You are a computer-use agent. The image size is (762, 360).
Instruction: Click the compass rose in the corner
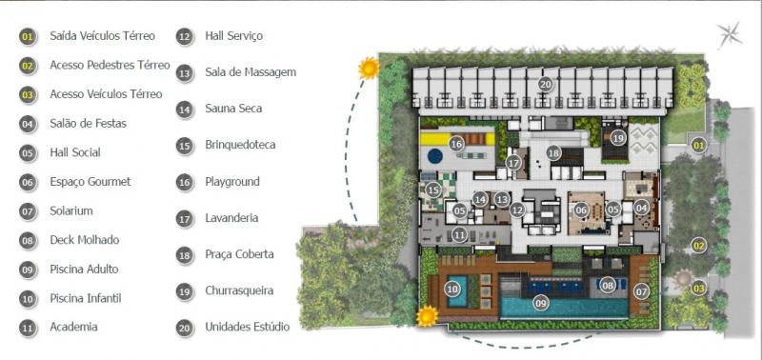730,35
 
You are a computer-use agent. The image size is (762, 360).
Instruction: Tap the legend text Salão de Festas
88,124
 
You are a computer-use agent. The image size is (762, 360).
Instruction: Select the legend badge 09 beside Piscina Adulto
29,270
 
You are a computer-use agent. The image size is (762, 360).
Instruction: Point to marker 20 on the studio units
545,85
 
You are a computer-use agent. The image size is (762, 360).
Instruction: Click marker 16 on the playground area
456,144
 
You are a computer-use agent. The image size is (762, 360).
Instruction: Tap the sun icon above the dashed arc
369,68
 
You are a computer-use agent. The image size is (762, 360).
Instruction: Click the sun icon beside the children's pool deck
428,316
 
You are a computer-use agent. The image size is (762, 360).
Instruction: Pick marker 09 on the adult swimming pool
540,303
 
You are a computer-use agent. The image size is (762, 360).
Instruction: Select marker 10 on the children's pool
451,290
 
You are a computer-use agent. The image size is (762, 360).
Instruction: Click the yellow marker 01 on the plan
698,145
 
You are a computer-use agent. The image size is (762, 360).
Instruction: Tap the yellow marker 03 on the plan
698,289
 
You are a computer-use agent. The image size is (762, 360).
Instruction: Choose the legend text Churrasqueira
239,290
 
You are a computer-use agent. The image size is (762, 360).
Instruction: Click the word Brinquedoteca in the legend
240,145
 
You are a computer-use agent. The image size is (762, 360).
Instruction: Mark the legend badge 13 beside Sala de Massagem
185,73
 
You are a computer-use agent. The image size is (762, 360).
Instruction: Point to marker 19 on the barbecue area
617,138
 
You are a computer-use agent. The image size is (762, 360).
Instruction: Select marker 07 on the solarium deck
641,291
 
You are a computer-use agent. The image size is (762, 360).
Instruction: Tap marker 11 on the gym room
459,235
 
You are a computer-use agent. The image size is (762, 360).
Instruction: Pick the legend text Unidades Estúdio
248,327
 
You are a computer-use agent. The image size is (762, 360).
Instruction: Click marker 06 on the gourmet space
581,210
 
